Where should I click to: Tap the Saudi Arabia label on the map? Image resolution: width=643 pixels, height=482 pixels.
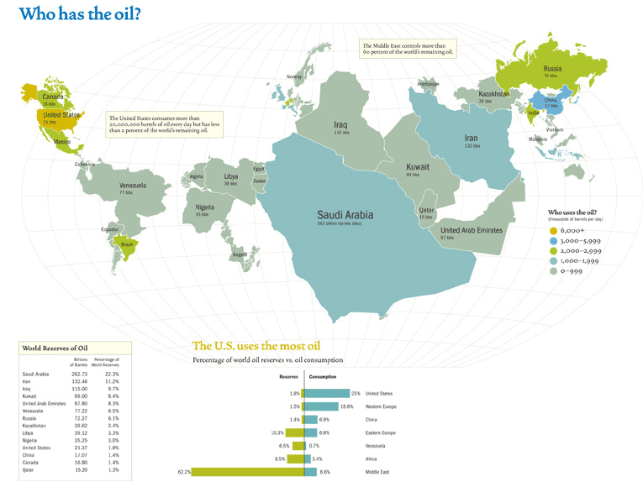[x=345, y=214]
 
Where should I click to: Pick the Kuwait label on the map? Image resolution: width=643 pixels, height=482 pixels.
[x=418, y=167]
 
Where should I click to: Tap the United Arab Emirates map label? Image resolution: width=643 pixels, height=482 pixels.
[x=471, y=230]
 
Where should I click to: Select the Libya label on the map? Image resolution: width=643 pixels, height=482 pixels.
[x=230, y=177]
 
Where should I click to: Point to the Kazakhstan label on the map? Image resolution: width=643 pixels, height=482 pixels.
[x=494, y=94]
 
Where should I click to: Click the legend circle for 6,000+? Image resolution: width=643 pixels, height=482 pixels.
[x=553, y=230]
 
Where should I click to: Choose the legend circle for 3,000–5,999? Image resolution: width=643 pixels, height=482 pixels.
[x=553, y=241]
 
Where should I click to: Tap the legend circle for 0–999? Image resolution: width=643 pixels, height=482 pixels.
[x=553, y=271]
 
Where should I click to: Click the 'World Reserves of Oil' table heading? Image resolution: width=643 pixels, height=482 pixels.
[x=55, y=348]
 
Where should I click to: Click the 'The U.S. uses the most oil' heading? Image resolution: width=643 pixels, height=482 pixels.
[x=256, y=345]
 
